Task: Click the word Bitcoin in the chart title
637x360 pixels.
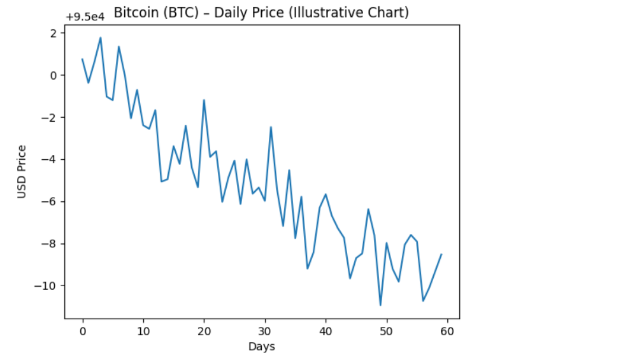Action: tap(134, 12)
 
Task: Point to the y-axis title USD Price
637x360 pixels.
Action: tap(22, 171)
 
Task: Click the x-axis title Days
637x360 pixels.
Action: tap(262, 347)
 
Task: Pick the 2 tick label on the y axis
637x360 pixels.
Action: tap(54, 33)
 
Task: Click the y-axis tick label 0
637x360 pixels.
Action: tap(54, 75)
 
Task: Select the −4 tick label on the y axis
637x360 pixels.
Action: tap(50, 159)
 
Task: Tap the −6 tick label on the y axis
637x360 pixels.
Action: tap(50, 201)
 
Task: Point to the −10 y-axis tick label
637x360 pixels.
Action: tap(48, 285)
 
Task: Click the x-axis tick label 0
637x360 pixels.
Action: tap(82, 331)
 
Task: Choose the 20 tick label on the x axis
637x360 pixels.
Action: tap(204, 331)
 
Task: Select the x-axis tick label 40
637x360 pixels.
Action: tap(326, 331)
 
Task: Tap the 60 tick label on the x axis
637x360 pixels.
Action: tap(447, 331)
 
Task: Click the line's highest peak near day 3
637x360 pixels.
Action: tap(101, 38)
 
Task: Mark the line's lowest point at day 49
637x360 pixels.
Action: tap(380, 305)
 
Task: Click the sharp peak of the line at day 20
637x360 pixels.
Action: tap(204, 100)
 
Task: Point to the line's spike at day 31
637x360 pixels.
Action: tap(271, 127)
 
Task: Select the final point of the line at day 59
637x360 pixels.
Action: tap(441, 254)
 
